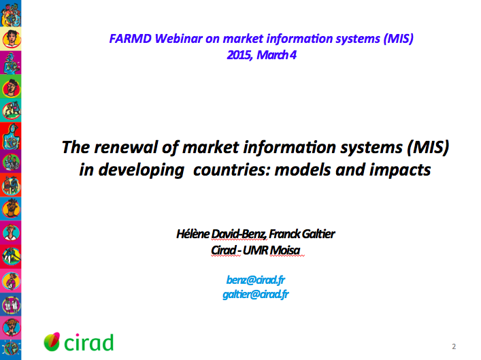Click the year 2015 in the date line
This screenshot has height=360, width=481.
(x=239, y=55)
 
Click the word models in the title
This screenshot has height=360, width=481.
(x=299, y=169)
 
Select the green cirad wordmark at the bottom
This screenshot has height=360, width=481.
(x=88, y=342)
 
